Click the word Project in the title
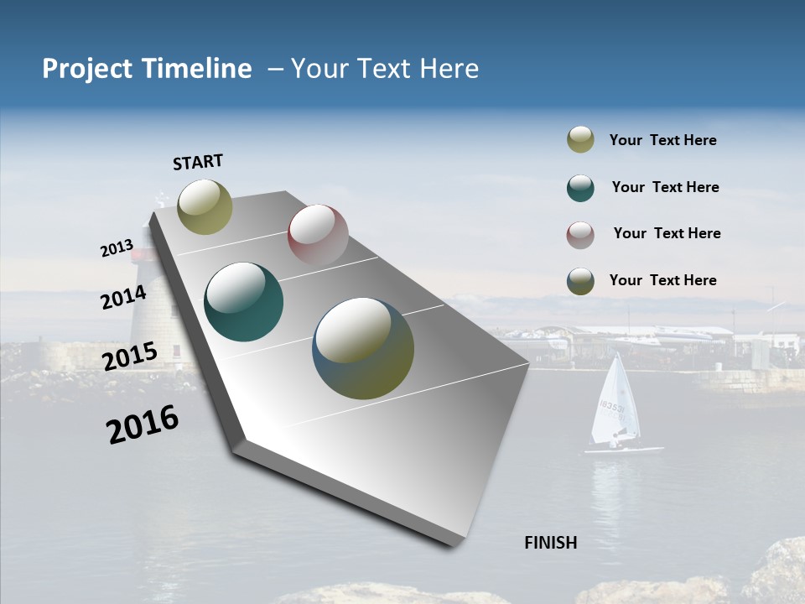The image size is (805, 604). [88, 69]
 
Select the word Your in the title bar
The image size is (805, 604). [322, 69]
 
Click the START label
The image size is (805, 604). [198, 162]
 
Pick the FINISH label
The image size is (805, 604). [550, 543]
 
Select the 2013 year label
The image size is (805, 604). [117, 248]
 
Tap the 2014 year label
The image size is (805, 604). [124, 297]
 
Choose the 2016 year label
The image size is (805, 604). [143, 424]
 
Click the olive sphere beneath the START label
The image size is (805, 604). [205, 206]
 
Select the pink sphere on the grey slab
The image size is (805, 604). [318, 235]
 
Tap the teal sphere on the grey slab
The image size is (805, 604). [243, 302]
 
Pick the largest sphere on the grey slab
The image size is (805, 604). [363, 348]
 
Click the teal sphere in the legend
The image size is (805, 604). [580, 188]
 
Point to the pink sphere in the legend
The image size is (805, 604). [580, 235]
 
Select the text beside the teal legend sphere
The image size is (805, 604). [665, 187]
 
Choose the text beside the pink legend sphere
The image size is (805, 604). [667, 233]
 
